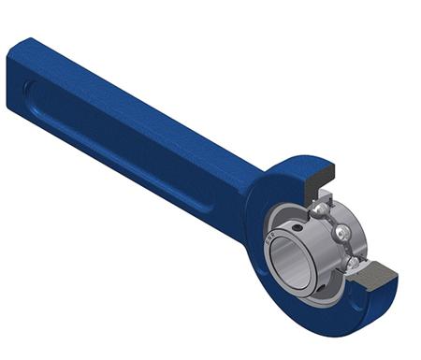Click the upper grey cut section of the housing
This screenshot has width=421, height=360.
click(319, 177)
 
